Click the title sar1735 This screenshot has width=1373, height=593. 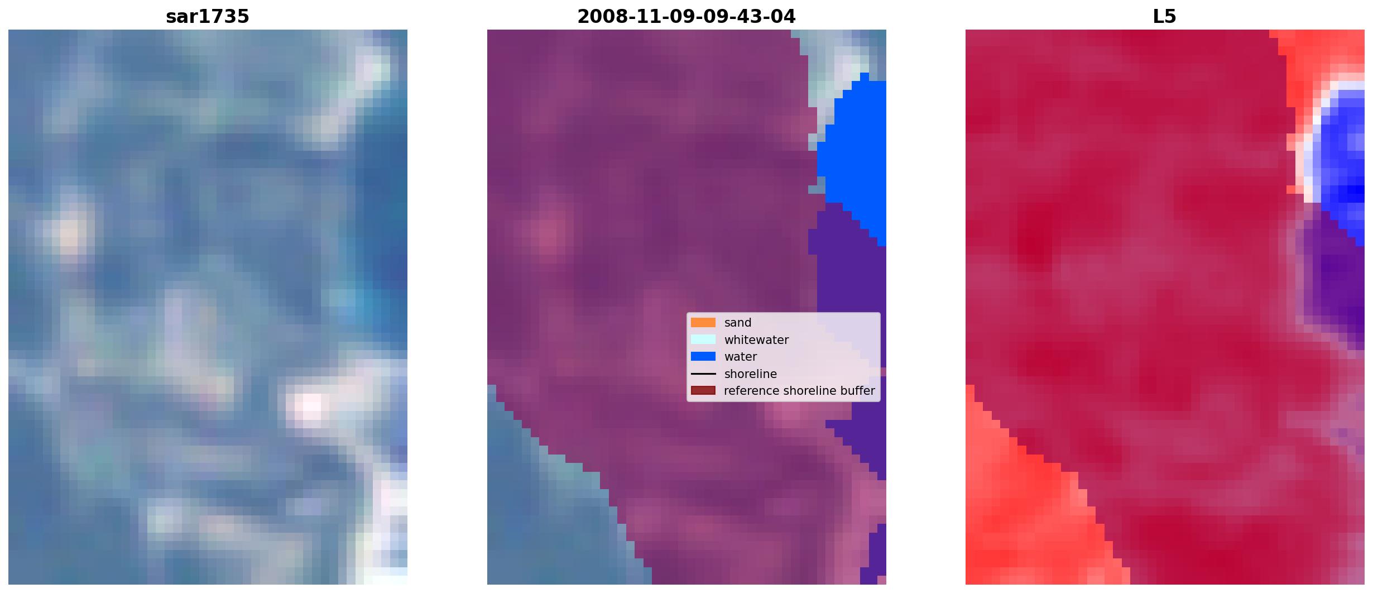pyautogui.click(x=208, y=17)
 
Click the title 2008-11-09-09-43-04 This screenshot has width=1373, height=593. pyautogui.click(x=686, y=17)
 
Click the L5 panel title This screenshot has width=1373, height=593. pyautogui.click(x=1165, y=17)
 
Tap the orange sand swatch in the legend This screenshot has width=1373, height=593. pyautogui.click(x=703, y=323)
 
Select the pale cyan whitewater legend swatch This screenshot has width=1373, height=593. pyautogui.click(x=703, y=339)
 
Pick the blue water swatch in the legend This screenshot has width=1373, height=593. pyautogui.click(x=703, y=356)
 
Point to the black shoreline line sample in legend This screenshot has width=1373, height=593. pyautogui.click(x=703, y=374)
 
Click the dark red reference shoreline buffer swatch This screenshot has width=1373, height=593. pyautogui.click(x=703, y=391)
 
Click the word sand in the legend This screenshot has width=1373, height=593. pyautogui.click(x=738, y=323)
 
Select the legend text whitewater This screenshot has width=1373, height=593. pyautogui.click(x=756, y=339)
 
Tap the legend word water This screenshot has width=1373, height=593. pyautogui.click(x=741, y=357)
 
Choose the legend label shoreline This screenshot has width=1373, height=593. pyautogui.click(x=751, y=374)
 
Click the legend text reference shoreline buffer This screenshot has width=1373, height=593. pyautogui.click(x=799, y=391)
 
